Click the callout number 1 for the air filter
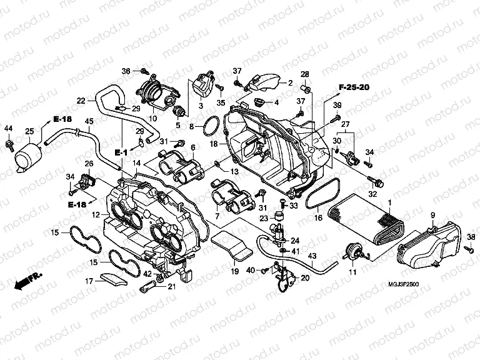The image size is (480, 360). (390, 203)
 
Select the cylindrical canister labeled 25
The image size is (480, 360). (27, 154)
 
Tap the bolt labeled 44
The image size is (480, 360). (9, 144)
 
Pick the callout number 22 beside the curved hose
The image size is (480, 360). (82, 100)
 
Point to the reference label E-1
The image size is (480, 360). (121, 152)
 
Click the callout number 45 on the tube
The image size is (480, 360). (89, 121)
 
